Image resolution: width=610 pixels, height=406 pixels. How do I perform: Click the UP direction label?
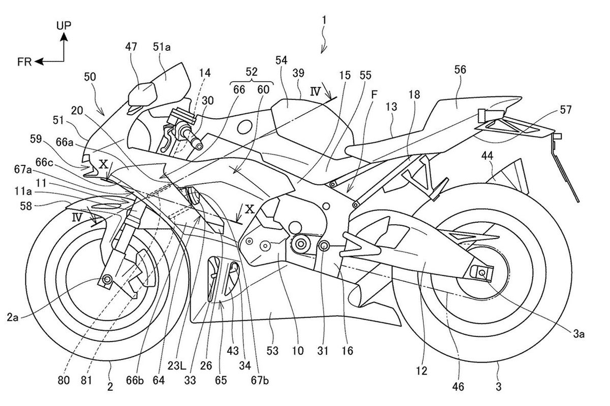[x=64, y=25]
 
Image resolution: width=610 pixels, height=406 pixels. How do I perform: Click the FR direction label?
[x=24, y=62]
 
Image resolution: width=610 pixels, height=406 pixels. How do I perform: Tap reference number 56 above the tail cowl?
[x=460, y=70]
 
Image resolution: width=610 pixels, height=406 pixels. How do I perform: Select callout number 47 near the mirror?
[x=131, y=47]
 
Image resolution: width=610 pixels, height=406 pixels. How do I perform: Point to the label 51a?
[x=162, y=47]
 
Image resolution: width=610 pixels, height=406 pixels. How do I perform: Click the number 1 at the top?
[x=324, y=20]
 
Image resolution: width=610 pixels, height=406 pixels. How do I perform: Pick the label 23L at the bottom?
[x=176, y=366]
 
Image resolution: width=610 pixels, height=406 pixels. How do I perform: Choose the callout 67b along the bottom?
[x=260, y=381]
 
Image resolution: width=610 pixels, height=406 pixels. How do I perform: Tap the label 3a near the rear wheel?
[x=578, y=334]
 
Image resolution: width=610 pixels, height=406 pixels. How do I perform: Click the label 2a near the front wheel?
[x=13, y=317]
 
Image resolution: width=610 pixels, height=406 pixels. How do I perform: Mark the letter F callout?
[x=374, y=94]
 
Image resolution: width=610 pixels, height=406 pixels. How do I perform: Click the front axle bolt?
[x=107, y=279]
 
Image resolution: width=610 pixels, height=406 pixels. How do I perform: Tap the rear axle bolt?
[x=481, y=272]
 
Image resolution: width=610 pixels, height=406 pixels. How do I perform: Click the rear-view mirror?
[x=142, y=94]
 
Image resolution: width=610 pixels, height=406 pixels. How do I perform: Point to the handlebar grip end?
[x=199, y=146]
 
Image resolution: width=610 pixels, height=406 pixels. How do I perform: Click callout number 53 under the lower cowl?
[x=272, y=351]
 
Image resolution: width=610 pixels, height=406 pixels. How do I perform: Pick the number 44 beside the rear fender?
[x=487, y=156]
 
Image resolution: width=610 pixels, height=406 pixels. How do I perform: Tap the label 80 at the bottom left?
[x=64, y=381]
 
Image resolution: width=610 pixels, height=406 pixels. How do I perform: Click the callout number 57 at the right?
[x=565, y=110]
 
